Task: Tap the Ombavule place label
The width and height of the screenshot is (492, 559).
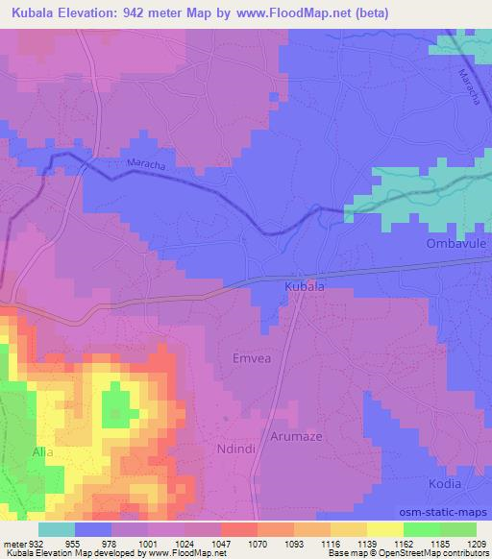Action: pos(457,245)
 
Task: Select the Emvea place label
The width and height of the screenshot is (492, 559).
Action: pos(253,358)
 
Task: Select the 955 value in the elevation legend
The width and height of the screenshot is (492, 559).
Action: pos(74,543)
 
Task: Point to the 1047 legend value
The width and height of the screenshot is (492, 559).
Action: pos(220,543)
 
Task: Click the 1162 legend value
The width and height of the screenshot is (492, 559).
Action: pos(403,543)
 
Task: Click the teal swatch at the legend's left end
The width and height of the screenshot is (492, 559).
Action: pos(57,529)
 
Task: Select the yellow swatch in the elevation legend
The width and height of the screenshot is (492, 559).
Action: pos(384,529)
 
